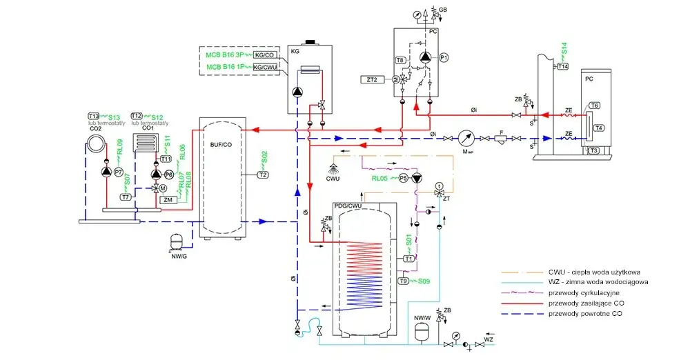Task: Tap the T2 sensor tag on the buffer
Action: [262, 174]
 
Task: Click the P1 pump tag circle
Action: [444, 59]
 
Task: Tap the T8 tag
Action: [400, 61]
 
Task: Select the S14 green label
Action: [564, 50]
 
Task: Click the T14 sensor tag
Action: [562, 66]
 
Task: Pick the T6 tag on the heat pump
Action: [595, 106]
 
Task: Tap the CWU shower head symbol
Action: [334, 168]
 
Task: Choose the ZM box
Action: [167, 200]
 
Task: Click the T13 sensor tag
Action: [94, 116]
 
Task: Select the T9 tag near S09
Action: [403, 281]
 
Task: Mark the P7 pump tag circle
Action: [119, 172]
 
